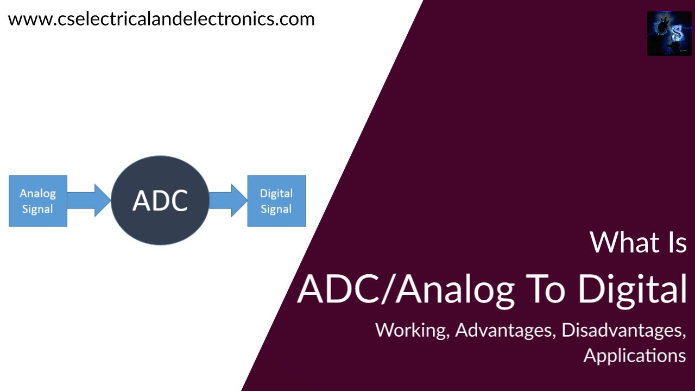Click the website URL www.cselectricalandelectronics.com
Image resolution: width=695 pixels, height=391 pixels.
[x=161, y=19]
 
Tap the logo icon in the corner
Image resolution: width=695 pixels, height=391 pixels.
[x=669, y=34]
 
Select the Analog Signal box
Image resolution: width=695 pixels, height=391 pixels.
[x=38, y=201]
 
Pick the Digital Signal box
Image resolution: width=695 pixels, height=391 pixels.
[x=276, y=201]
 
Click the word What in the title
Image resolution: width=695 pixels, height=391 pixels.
[x=620, y=242]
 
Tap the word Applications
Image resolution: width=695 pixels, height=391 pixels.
[x=634, y=355]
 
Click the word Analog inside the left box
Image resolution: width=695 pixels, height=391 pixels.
[x=37, y=193]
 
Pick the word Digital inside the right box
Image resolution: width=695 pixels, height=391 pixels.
[x=276, y=193]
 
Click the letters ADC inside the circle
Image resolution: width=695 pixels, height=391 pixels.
[x=160, y=200]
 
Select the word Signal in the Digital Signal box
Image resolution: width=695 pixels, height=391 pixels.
[x=276, y=209]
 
